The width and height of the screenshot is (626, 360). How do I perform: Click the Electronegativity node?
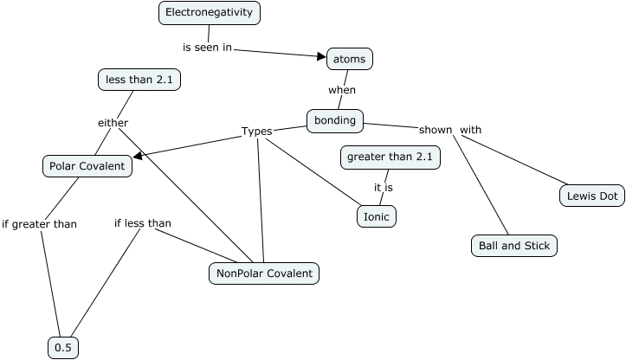click(210, 13)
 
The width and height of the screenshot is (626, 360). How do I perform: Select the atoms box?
click(350, 59)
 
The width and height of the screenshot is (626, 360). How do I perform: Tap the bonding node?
click(335, 120)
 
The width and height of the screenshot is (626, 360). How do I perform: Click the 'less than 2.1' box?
click(139, 80)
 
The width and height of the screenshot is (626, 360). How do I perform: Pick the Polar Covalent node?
click(87, 165)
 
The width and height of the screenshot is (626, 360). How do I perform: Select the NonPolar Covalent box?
click(264, 273)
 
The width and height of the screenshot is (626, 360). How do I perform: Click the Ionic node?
click(376, 216)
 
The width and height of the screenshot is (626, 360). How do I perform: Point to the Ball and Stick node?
click(513, 246)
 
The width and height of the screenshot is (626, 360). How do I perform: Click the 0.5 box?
click(63, 348)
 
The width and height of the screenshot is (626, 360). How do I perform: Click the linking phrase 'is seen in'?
click(207, 48)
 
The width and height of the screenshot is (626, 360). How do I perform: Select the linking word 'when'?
click(341, 89)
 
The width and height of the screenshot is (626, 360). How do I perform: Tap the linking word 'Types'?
click(256, 132)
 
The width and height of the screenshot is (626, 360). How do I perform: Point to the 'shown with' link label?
click(450, 130)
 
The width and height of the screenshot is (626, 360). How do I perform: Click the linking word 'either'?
click(113, 122)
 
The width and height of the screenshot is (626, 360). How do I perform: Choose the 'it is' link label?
click(384, 186)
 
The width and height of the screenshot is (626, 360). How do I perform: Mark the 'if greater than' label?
click(39, 224)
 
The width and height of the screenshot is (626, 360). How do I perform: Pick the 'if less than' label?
click(143, 223)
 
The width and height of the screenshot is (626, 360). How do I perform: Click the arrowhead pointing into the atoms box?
click(320, 57)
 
